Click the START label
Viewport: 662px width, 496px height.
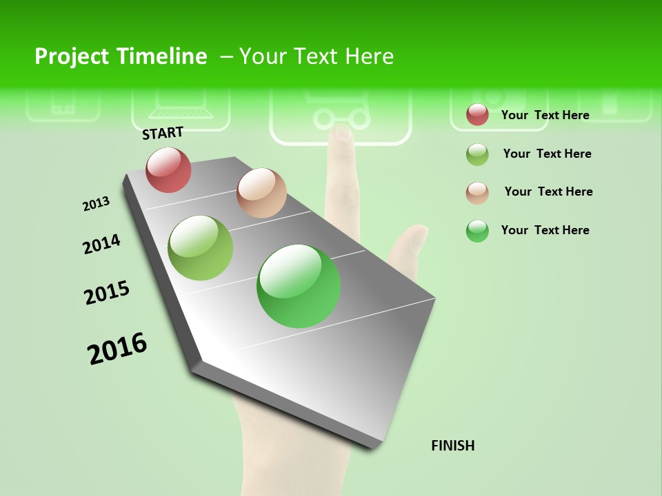tap(163, 133)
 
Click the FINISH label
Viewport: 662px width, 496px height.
tap(452, 446)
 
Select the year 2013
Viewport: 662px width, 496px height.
tap(96, 204)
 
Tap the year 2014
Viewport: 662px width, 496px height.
tap(101, 244)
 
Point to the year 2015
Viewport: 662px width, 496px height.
tap(107, 293)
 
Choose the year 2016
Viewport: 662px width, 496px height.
tap(117, 348)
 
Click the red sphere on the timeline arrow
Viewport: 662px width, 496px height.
tap(169, 169)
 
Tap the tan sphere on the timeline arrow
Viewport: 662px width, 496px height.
tap(261, 193)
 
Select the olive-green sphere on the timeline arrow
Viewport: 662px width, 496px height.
tap(201, 248)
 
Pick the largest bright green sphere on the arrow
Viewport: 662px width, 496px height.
tap(299, 286)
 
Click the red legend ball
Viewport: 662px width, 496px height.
tap(477, 115)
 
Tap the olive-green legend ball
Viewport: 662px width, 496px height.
tap(477, 154)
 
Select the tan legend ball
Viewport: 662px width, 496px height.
tap(477, 192)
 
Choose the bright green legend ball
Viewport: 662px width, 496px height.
tap(477, 231)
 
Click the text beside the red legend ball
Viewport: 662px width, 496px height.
tap(545, 115)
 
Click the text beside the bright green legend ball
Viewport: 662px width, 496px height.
tap(545, 230)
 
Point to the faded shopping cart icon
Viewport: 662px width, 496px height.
tap(340, 114)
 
